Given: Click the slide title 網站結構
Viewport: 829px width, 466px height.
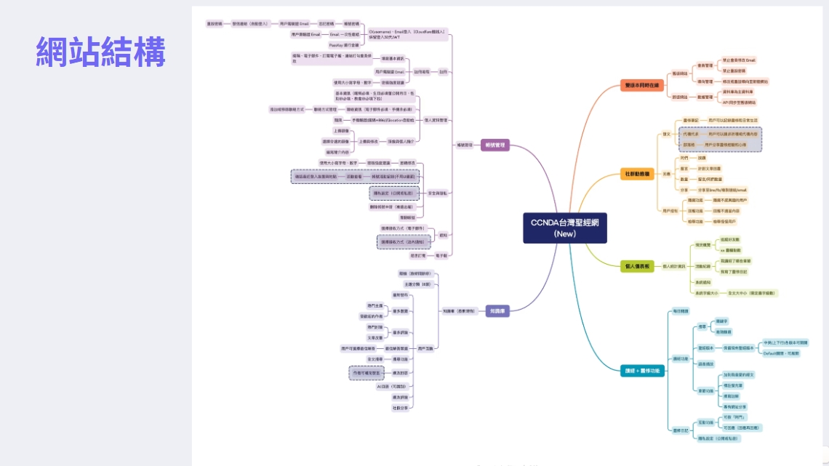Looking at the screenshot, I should point(101,52).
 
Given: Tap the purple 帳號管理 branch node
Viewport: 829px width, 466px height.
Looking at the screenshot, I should point(494,145).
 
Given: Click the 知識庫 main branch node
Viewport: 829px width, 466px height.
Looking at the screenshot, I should point(497,311).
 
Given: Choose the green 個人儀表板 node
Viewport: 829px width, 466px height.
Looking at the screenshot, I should point(638,266).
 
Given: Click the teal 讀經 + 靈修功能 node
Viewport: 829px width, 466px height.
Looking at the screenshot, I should point(642,371).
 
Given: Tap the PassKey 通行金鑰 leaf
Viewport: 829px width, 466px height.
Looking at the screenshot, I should point(343,45).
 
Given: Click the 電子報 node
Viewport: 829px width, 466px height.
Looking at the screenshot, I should point(441,255).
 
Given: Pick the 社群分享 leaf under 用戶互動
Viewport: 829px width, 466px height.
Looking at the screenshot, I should point(400,408).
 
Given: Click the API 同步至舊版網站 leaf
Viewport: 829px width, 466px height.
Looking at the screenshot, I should point(740,103).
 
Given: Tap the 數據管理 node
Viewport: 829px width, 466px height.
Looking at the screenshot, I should point(704,97).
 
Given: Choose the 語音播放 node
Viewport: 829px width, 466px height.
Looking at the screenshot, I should point(705,363).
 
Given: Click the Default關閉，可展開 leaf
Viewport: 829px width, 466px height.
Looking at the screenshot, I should point(780,353).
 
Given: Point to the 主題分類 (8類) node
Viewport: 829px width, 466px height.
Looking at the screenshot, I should point(417,284).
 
